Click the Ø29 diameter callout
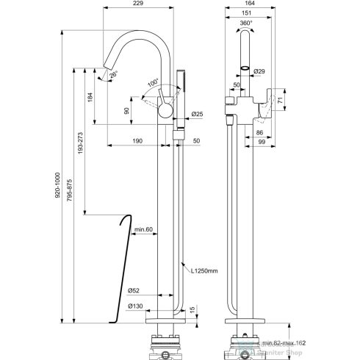pos(259,72)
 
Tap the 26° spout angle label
pos(113,75)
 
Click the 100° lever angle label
pos(151,83)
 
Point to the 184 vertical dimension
pos(89,96)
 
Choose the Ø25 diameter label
pos(197,114)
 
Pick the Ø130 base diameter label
pos(134,306)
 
